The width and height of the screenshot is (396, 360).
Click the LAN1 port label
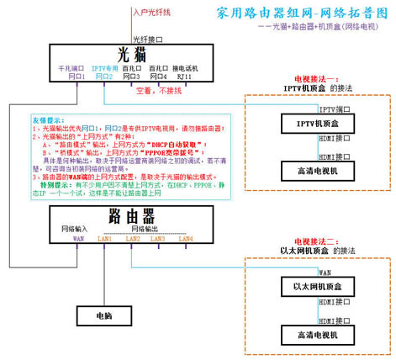(x=105, y=240)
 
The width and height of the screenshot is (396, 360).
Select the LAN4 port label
(x=184, y=240)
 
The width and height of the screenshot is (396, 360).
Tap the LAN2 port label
(x=132, y=240)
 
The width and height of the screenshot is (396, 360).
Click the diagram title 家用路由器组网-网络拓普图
(x=301, y=13)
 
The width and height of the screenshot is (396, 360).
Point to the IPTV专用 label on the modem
(x=104, y=67)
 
